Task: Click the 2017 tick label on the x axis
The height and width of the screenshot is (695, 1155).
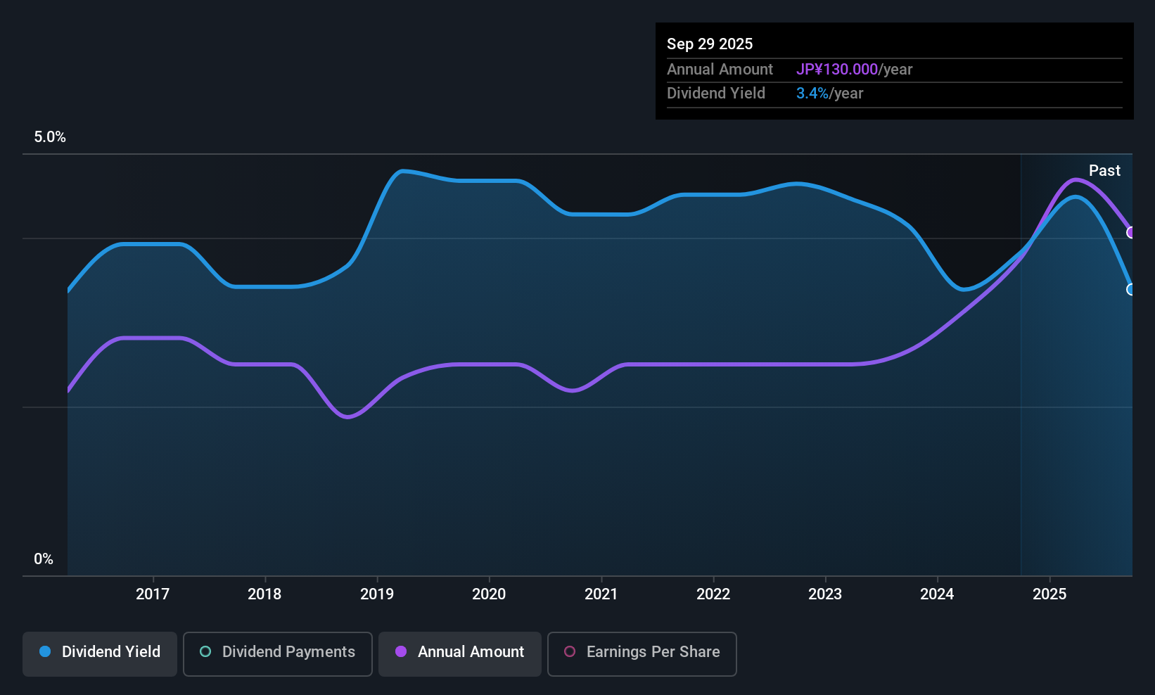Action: pos(153,594)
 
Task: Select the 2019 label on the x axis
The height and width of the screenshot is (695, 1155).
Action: pos(377,594)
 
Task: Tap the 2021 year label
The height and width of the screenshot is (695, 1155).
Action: pos(601,594)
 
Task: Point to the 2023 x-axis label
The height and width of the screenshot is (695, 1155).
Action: pos(825,594)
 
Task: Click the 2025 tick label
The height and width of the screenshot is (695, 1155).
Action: pos(1049,594)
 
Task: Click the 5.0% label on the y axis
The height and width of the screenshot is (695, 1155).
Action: pos(50,137)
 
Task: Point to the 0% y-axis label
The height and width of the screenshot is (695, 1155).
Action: pos(44,559)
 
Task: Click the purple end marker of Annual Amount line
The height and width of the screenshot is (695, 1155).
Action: pos(1131,233)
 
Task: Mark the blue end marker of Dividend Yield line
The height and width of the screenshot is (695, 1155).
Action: pos(1131,290)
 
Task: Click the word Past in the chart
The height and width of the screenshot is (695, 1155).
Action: pos(1104,170)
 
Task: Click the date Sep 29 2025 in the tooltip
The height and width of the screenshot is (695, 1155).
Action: pos(710,44)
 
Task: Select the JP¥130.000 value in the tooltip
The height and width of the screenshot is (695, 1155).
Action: pos(836,69)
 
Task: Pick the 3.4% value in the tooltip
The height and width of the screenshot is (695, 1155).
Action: pos(812,93)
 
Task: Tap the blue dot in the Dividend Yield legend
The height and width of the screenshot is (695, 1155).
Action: pos(45,651)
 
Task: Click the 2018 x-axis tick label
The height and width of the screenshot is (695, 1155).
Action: pos(264,594)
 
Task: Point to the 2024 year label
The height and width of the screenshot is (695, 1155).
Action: pos(937,594)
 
